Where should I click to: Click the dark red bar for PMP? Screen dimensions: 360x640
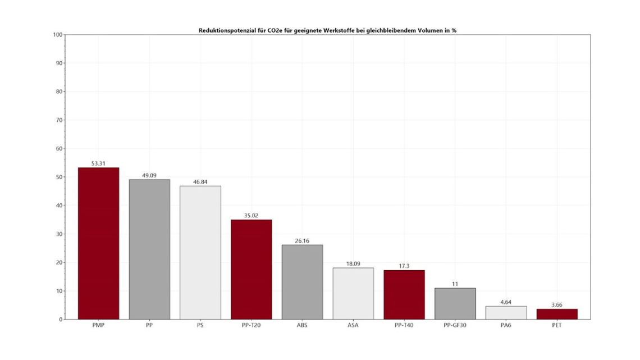(x=98, y=243)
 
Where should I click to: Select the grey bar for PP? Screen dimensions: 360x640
(x=149, y=249)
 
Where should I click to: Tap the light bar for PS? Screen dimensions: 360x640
(x=200, y=252)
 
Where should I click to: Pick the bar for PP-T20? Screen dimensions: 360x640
(x=251, y=269)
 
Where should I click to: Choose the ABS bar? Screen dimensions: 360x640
(x=302, y=282)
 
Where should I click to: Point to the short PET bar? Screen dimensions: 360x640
(x=557, y=314)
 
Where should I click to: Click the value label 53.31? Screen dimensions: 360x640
(x=98, y=163)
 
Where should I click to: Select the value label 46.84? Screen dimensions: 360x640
(x=200, y=182)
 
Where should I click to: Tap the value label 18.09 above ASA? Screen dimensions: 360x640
(x=353, y=263)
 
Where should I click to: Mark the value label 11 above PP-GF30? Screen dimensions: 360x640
(x=455, y=284)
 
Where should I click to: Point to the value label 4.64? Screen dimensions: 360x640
(x=506, y=302)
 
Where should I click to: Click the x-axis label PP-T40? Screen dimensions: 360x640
(x=404, y=326)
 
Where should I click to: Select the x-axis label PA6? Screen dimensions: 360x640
(x=506, y=326)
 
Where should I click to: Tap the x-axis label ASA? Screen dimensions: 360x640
(x=353, y=326)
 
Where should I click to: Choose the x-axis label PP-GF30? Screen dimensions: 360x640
(x=455, y=326)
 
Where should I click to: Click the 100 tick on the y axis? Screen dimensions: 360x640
(x=57, y=35)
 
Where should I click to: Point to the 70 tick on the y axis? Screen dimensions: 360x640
(x=59, y=120)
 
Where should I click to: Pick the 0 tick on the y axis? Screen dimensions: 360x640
(x=61, y=320)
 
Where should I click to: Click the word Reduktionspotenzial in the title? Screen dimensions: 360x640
(x=227, y=30)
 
